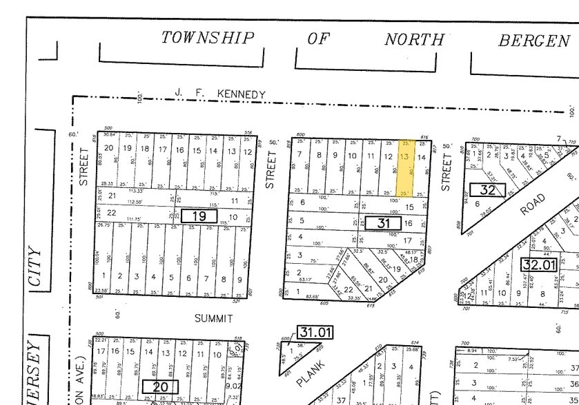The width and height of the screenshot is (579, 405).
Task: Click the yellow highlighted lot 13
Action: (x=404, y=167)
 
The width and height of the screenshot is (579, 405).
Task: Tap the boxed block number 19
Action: (x=199, y=216)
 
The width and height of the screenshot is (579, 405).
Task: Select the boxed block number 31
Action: (x=378, y=222)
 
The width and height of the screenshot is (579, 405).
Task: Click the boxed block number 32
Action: (x=482, y=189)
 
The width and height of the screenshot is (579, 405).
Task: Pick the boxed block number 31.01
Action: (x=315, y=333)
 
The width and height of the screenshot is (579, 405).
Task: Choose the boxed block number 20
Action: (x=160, y=386)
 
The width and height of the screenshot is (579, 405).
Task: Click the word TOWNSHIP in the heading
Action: (x=208, y=38)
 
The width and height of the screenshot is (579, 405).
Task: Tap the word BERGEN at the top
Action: (x=534, y=41)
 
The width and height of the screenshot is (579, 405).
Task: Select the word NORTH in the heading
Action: (x=414, y=39)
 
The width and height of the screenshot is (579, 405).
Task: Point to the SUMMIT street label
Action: (x=213, y=318)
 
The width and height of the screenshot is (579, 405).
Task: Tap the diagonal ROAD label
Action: (x=532, y=204)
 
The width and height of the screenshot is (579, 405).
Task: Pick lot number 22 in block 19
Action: (x=111, y=213)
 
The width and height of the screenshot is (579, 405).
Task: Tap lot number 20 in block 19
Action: (x=108, y=148)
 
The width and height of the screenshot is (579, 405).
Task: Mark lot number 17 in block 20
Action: (x=101, y=351)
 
